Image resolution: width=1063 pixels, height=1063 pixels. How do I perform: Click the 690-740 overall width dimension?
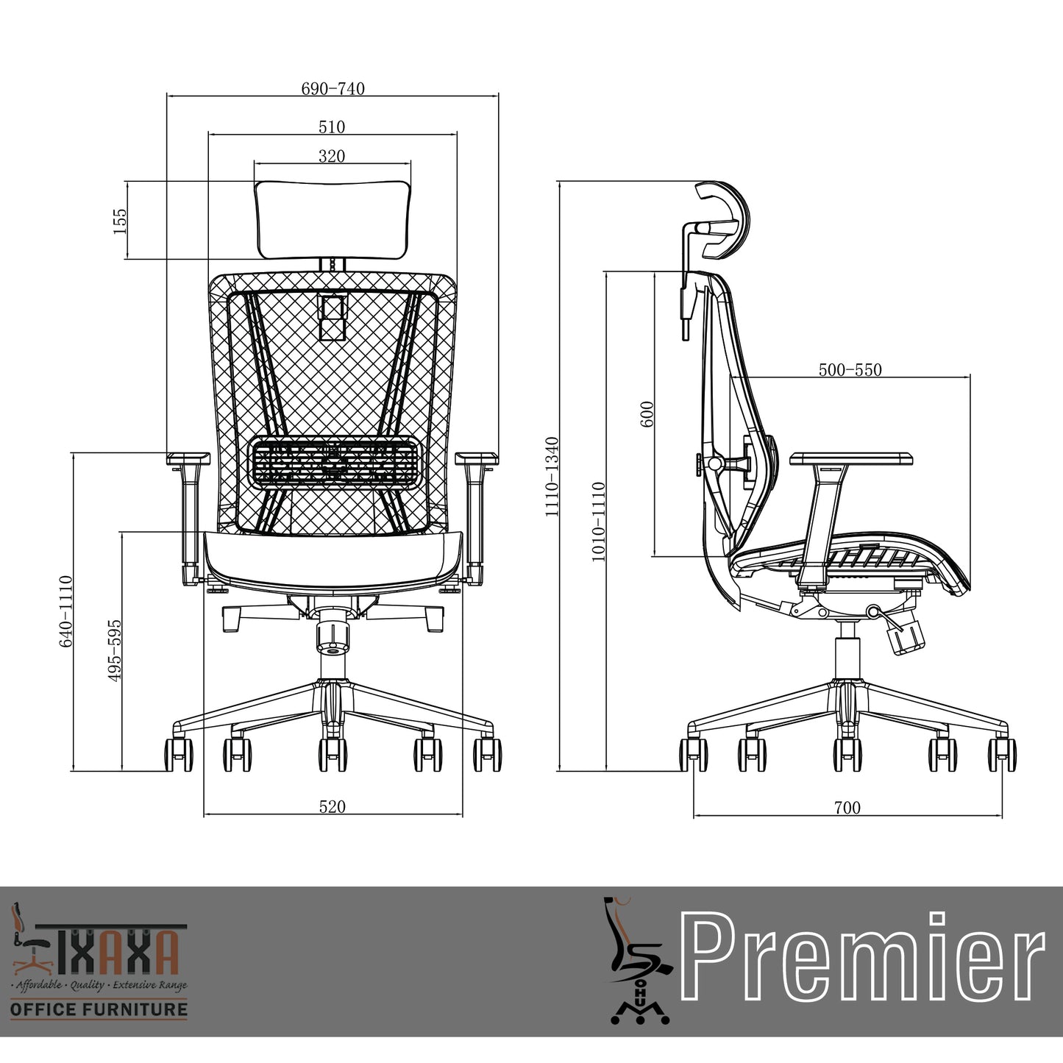[333, 89]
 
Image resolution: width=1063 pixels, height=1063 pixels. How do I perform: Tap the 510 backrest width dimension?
[332, 127]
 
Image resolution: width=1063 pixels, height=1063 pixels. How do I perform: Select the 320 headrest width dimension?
[332, 156]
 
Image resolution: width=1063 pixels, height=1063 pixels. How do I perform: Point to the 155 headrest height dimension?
[120, 221]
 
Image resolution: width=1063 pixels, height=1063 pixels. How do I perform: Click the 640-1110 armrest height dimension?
[65, 611]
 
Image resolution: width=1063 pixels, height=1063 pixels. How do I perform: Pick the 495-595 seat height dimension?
[114, 650]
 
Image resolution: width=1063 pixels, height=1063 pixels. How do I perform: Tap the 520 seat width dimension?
[332, 806]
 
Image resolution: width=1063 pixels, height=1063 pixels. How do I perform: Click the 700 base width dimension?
[847, 808]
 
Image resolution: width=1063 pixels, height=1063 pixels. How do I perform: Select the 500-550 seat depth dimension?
[850, 369]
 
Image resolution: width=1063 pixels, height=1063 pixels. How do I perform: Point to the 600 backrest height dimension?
[647, 413]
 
